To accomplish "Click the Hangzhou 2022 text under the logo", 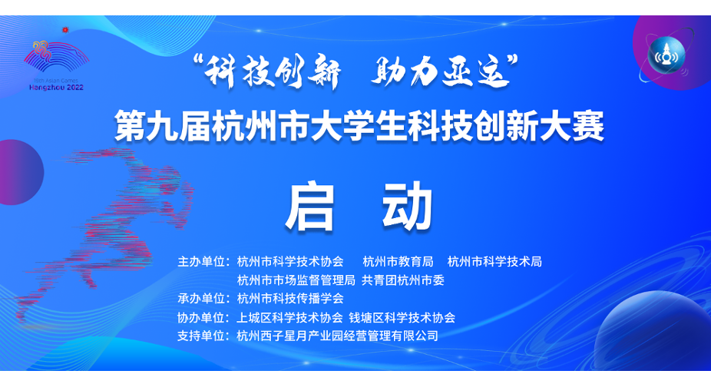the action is [56, 88].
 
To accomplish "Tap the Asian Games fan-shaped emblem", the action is [56, 56].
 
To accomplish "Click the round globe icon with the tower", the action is [666, 55].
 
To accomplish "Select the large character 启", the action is [309, 207].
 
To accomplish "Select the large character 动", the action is [407, 207].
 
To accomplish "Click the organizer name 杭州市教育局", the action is [398, 262].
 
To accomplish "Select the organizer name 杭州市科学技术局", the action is [494, 262].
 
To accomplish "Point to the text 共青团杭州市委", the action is [402, 280].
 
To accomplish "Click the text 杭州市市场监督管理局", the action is [296, 280].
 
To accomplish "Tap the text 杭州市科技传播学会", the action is [290, 298].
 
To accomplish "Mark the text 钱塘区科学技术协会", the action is [402, 317].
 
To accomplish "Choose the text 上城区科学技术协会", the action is [289, 317].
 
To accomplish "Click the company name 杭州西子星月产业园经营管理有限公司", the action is [337, 336].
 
